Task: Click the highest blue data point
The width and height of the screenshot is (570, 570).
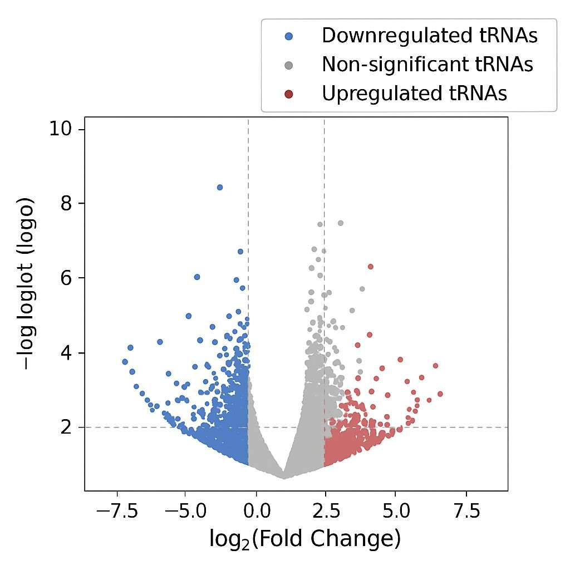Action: pos(220,187)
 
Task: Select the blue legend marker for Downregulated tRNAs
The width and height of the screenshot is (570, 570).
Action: pos(288,36)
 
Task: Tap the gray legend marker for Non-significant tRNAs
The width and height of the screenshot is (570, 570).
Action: pos(288,65)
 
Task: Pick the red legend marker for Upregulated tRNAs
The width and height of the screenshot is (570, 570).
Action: pos(288,94)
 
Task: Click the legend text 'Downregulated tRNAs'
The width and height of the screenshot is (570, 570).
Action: pos(430,36)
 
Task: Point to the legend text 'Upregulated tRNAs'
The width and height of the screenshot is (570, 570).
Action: pos(414,94)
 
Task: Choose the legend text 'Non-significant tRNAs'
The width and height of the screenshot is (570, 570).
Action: pos(427,65)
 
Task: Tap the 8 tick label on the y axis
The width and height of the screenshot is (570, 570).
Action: pos(66,204)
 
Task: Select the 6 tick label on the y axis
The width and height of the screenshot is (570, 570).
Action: pos(66,278)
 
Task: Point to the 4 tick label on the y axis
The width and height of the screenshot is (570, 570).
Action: pos(66,353)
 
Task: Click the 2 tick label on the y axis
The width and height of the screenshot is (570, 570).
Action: pos(66,427)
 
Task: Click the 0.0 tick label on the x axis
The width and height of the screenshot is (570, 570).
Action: pos(255,511)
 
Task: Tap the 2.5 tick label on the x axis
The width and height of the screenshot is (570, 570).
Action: pos(325,511)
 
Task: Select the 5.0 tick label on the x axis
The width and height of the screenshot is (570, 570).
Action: pos(396,511)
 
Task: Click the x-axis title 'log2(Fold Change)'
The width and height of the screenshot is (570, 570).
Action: pos(305,538)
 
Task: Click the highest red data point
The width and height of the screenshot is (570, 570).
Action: pos(370,267)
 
